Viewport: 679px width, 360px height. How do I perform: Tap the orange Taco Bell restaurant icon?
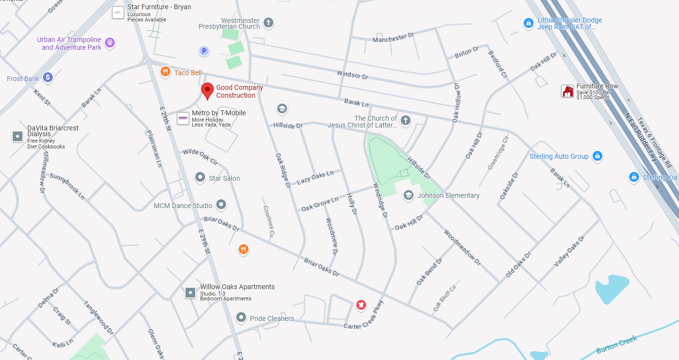tap(165, 72)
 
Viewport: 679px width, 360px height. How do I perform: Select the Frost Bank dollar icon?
tap(47, 77)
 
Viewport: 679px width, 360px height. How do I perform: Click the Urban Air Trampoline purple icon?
tap(110, 43)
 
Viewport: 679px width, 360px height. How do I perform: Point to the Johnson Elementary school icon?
tap(408, 195)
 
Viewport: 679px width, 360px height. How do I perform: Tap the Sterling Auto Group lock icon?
tap(597, 156)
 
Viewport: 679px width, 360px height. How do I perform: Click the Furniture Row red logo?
tap(567, 91)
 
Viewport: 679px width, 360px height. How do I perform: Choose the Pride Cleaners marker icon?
tap(241, 318)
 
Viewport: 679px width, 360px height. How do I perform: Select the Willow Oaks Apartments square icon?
tap(190, 293)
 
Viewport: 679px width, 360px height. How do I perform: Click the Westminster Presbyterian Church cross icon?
tap(268, 22)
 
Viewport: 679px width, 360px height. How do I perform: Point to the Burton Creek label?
tap(617, 344)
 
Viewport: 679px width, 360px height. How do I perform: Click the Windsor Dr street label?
tap(352, 75)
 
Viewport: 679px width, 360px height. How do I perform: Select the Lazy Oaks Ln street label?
tap(315, 177)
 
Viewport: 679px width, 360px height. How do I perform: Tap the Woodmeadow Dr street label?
tap(462, 248)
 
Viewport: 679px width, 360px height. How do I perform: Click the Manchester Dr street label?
tap(393, 38)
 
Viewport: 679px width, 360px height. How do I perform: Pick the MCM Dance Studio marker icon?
tap(221, 205)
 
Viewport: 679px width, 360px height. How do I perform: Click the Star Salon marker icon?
tap(200, 177)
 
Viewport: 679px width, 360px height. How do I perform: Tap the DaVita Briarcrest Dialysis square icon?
tap(18, 136)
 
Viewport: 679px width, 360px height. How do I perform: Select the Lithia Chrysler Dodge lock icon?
tap(528, 23)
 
